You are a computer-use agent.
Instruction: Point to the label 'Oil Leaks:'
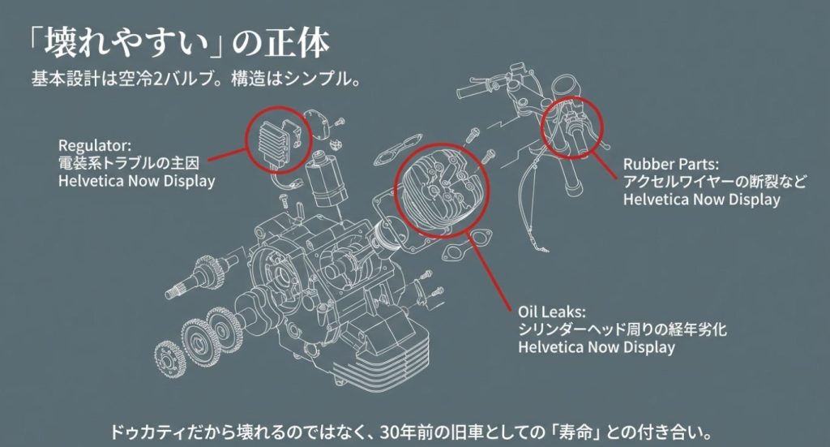(x=551, y=312)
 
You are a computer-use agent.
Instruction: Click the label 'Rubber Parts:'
(x=671, y=163)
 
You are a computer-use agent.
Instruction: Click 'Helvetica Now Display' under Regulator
(x=136, y=181)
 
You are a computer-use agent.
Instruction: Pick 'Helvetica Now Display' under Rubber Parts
(x=701, y=199)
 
